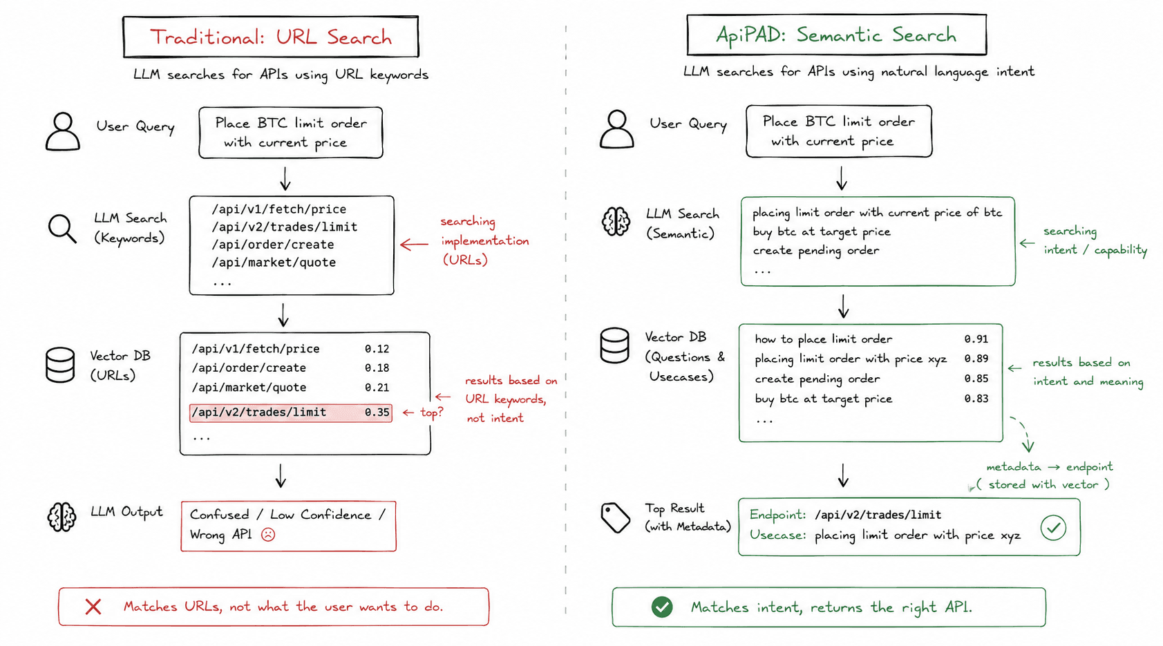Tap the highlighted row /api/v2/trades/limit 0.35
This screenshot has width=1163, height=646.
pos(291,413)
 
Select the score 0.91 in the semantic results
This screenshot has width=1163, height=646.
pos(976,339)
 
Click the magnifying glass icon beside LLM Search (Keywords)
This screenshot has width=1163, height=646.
pos(62,229)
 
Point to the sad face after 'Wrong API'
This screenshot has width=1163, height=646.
pos(268,534)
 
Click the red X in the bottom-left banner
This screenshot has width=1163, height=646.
pos(93,607)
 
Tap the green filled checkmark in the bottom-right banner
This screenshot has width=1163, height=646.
pos(662,607)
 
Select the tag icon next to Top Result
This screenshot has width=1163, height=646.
pos(615,517)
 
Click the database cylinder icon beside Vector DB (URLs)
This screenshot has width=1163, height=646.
pos(60,365)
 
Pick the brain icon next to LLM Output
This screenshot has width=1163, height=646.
pos(62,517)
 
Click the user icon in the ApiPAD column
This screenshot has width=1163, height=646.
pos(617,129)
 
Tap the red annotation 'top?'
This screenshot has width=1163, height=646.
pos(432,413)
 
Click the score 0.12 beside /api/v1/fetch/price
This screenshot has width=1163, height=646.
pos(377,349)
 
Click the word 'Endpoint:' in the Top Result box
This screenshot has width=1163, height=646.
pos(778,515)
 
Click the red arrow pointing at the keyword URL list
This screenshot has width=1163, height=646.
pos(415,244)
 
